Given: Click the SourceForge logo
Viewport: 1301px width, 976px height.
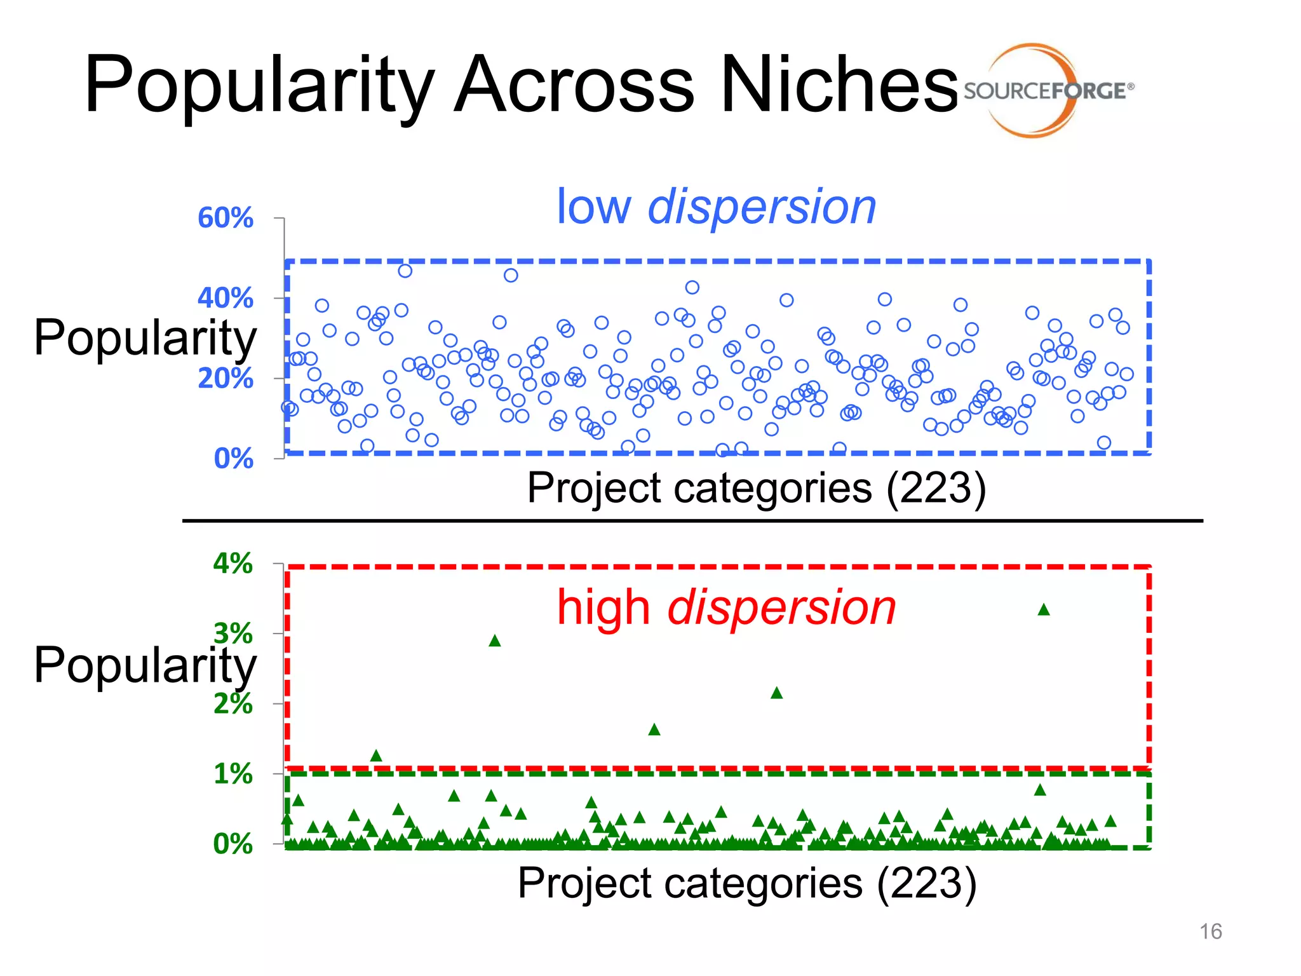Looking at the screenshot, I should coord(1048,90).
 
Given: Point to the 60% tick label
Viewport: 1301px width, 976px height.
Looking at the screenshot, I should coord(225,218).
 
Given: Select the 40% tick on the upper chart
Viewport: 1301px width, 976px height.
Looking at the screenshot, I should coord(225,298).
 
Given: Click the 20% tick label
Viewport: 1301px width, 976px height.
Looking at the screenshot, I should coord(225,379).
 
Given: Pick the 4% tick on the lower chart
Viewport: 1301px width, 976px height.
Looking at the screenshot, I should coord(233,564).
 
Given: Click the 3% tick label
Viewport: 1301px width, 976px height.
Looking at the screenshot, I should coord(233,634).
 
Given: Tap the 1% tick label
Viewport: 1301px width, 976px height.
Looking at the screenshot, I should coord(233,774).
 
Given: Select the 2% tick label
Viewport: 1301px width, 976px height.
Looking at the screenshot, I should coord(233,704).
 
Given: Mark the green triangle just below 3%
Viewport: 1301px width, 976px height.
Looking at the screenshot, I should coord(495,641).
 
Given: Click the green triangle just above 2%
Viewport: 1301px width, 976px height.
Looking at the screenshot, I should coord(776,693).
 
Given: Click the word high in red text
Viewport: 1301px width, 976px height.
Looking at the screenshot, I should coord(603,607).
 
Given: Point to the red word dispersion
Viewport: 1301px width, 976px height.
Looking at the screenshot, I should coord(781,607).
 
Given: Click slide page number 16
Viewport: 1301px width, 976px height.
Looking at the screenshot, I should coord(1210,932).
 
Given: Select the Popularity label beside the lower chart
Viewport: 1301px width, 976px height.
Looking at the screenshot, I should coord(145,665).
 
